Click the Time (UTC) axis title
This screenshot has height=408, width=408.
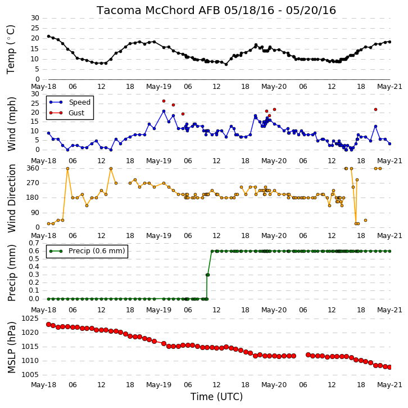tap(216, 397)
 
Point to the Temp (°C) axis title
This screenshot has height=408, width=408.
tap(11, 50)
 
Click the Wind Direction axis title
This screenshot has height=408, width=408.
tap(11, 199)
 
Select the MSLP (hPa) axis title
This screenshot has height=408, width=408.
tap(11, 347)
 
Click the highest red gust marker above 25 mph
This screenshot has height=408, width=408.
tap(164, 101)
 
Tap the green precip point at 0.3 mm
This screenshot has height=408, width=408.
tap(207, 275)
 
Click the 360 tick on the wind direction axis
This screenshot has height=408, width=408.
tap(33, 168)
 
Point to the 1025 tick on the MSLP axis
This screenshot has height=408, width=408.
tap(30, 319)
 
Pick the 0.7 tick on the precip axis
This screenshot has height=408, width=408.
tap(34, 243)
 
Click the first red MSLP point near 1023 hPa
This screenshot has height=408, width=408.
tap(48, 324)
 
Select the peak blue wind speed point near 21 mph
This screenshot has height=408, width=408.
tap(164, 111)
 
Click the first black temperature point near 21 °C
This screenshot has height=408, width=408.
tap(48, 36)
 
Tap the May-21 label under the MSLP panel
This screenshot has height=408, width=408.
tap(389, 385)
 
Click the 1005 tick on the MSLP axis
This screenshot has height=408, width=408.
tap(30, 375)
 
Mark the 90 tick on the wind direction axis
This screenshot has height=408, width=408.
tap(36, 213)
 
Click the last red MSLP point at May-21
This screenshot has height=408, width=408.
tap(389, 367)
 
